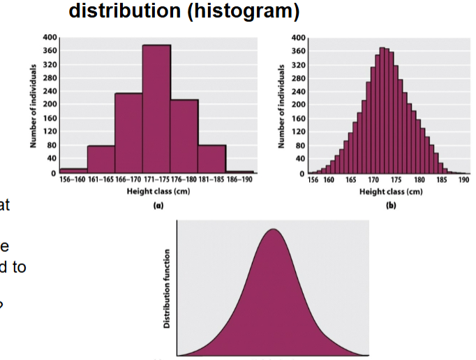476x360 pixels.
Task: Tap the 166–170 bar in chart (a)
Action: (x=128, y=133)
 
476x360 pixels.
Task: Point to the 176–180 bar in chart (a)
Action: (x=184, y=136)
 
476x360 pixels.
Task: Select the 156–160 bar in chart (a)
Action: (x=73, y=170)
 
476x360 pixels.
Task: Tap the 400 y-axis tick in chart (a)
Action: (x=49, y=37)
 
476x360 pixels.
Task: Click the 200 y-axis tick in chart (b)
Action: (x=297, y=105)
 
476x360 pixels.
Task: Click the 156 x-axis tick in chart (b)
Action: (x=314, y=180)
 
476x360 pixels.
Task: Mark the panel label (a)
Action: (x=156, y=207)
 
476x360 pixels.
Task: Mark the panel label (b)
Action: (x=391, y=207)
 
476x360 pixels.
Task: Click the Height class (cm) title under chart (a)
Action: (x=156, y=191)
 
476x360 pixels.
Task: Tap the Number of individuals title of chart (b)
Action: (x=282, y=105)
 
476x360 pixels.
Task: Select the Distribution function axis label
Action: (x=168, y=289)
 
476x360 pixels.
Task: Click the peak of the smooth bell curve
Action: (x=273, y=230)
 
